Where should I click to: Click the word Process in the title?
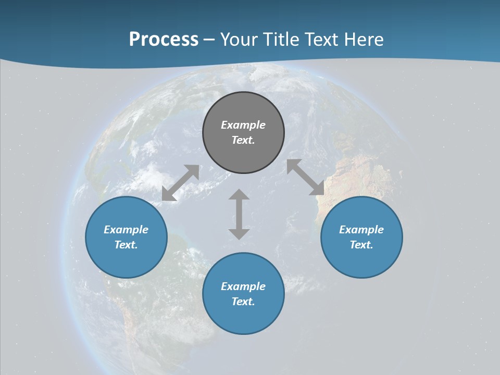point(164,39)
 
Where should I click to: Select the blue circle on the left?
point(126,260)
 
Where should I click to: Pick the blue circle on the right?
point(361,260)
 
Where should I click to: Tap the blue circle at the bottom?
point(243,318)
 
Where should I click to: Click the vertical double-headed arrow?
point(239,214)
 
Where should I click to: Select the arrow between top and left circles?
point(181,183)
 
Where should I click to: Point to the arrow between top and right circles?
point(306,177)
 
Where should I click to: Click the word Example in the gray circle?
point(243,125)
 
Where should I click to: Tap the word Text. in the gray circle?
point(243,140)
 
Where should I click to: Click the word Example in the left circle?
point(126,230)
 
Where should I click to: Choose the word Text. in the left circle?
point(126,245)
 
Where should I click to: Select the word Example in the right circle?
point(361,230)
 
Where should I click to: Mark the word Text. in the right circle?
point(361,245)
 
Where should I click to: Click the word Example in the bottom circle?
point(243,286)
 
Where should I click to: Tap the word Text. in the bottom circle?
point(243,302)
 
